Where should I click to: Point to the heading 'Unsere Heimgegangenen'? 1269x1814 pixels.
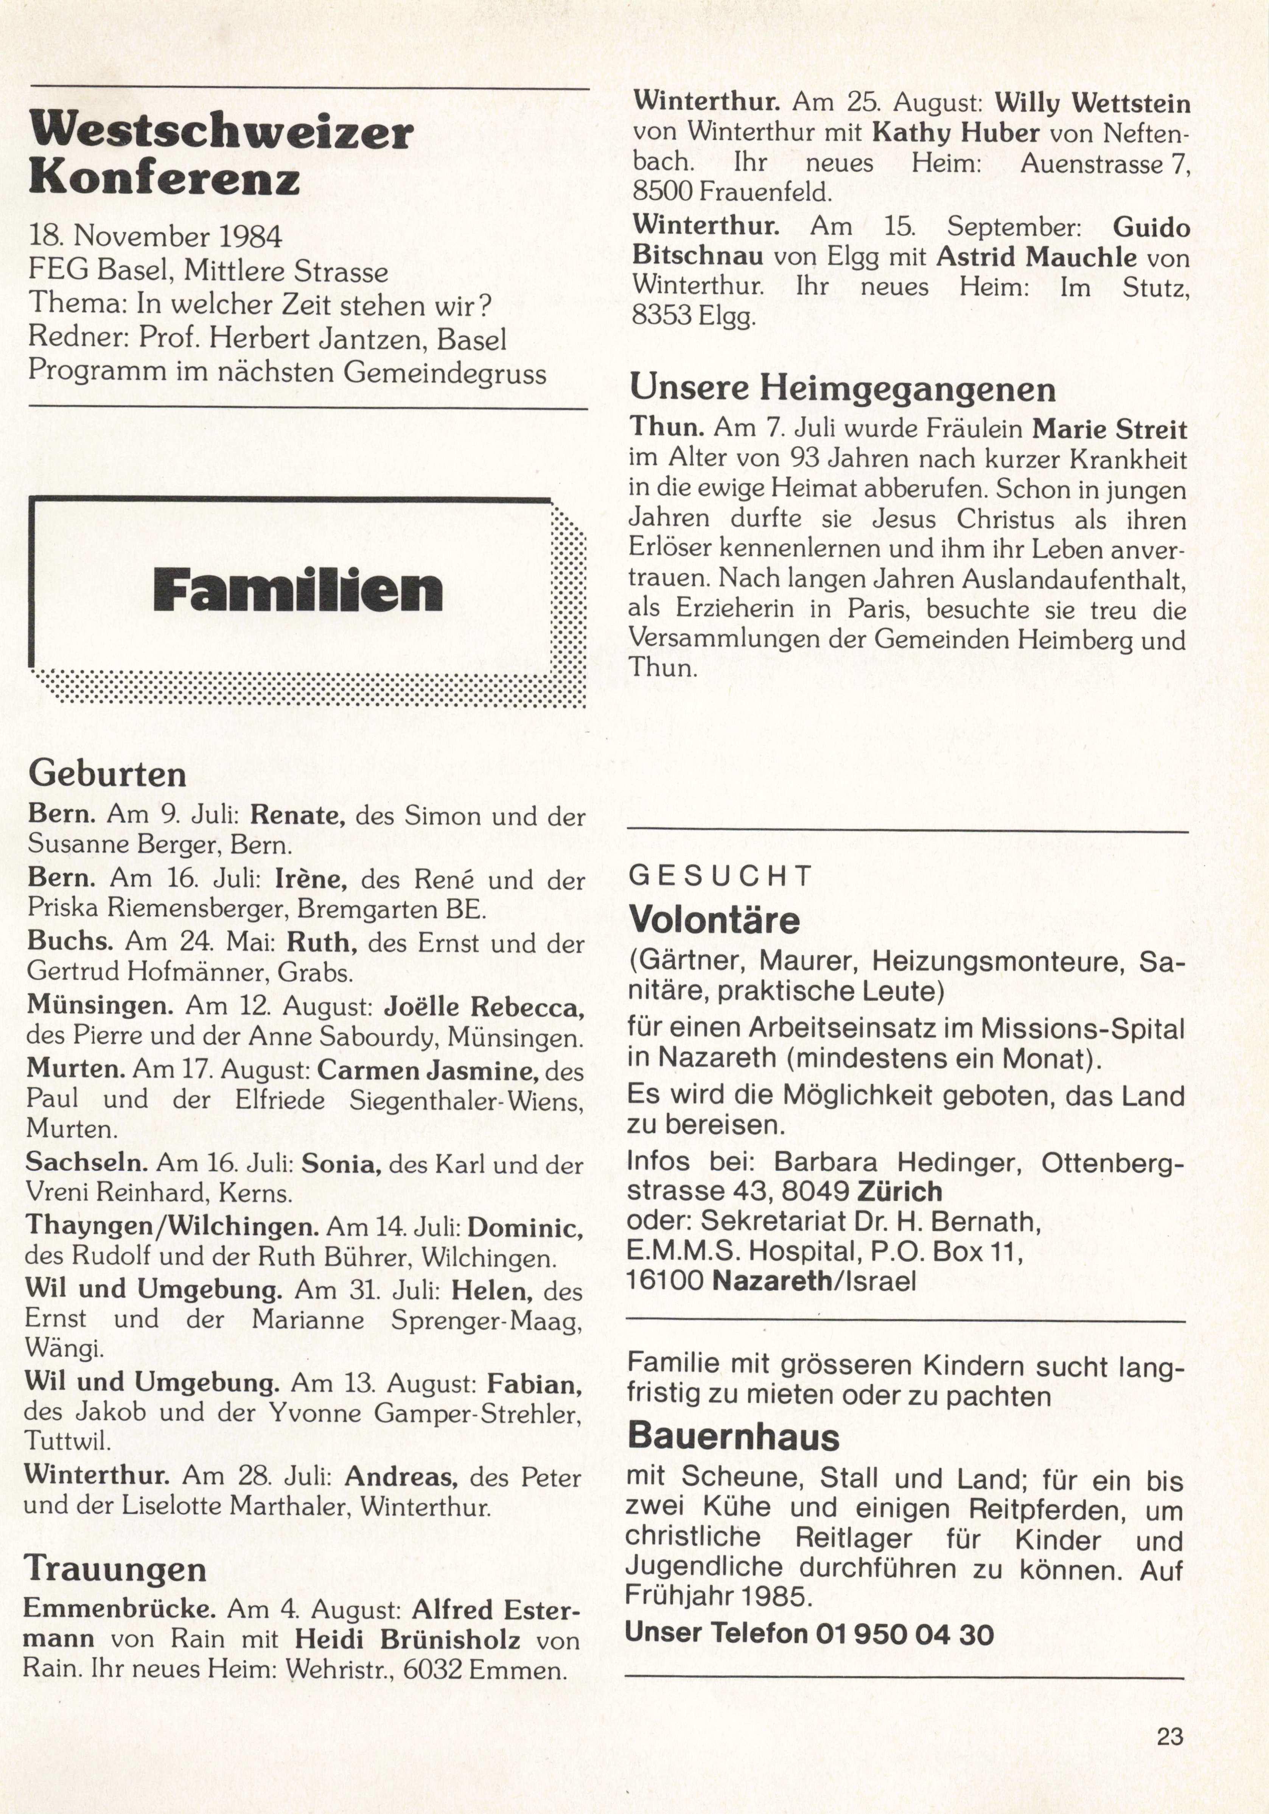(842, 389)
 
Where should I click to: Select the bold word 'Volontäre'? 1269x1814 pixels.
(714, 920)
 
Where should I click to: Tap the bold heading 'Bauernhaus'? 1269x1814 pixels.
(733, 1437)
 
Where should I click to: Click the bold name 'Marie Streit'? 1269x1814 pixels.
(1109, 430)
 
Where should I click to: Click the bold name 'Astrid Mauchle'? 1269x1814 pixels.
(1037, 257)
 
